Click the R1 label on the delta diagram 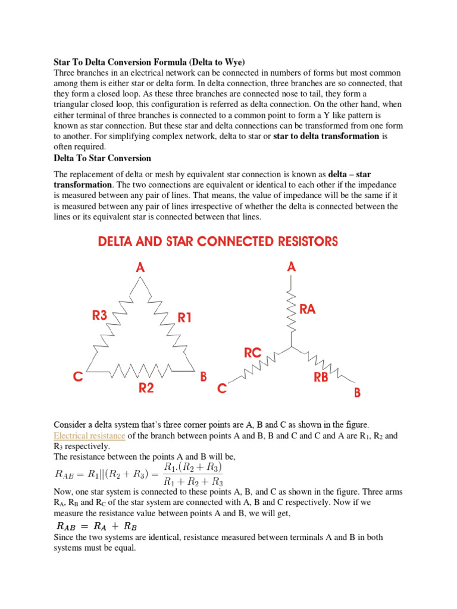(x=185, y=318)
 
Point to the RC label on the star (x=253, y=353)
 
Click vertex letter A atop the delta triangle (x=140, y=268)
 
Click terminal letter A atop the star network (x=291, y=267)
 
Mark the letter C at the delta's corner (x=78, y=377)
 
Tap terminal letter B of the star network (x=357, y=393)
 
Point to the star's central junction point (x=291, y=346)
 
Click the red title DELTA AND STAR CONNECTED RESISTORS (x=217, y=241)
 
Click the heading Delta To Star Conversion (x=102, y=158)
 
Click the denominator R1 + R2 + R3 (x=192, y=481)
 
